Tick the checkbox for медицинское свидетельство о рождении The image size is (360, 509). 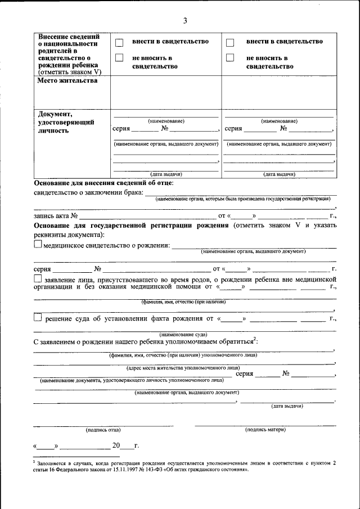click(38, 245)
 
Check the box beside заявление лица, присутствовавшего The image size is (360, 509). click(38, 278)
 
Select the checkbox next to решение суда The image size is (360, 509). click(38, 318)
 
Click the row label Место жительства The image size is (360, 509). click(67, 80)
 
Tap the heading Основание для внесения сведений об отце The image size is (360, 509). click(103, 183)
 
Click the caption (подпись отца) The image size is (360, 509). click(103, 430)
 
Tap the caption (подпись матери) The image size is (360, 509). click(265, 430)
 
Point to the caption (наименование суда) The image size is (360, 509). click(184, 334)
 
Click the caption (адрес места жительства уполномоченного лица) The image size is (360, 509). click(183, 367)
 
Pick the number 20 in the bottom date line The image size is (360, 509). click(116, 446)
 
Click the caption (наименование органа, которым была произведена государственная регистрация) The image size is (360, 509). click(243, 199)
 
